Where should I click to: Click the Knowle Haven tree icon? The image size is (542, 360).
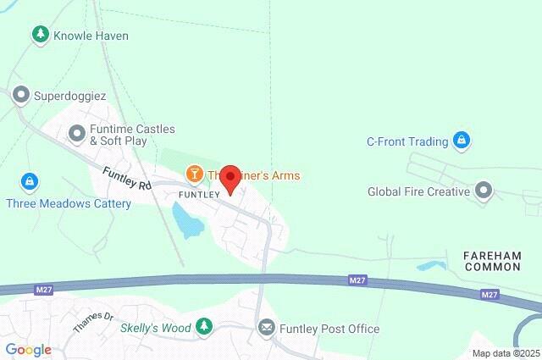point(39,35)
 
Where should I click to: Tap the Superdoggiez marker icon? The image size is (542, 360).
point(20,96)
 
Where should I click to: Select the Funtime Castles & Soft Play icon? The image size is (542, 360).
point(77,134)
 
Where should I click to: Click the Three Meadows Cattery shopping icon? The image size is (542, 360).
point(29,181)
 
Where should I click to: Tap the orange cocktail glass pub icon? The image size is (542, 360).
point(195,175)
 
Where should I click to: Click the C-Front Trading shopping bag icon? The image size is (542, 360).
point(462,141)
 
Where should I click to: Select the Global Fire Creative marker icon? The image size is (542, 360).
point(484,191)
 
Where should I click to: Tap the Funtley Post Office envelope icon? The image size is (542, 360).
point(267,328)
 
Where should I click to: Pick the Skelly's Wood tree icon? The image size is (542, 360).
point(203,326)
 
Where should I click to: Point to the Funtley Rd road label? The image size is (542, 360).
point(126,178)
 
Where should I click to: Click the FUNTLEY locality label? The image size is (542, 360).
point(199,194)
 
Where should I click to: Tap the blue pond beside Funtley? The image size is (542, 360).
point(187,222)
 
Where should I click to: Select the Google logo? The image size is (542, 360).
point(28,350)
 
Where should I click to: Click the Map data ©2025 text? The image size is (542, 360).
point(506,353)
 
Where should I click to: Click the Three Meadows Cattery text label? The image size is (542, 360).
point(69,203)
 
